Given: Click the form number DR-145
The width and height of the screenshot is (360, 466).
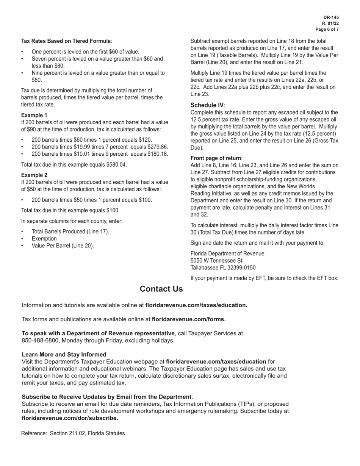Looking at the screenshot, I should coord(331,17).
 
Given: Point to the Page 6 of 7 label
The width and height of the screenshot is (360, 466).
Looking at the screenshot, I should coord(327,29).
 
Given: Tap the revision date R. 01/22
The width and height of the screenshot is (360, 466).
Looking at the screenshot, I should coord(330,23).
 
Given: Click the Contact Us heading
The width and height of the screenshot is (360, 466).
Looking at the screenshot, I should coord(161,289).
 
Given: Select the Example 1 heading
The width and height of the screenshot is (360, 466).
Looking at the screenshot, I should coord(34,115).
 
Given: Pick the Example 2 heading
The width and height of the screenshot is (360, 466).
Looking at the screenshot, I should coord(34,175).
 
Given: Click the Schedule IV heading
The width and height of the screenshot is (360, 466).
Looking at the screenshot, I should coord(207,105).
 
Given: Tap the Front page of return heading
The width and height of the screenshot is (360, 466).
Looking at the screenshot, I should coord(216,158).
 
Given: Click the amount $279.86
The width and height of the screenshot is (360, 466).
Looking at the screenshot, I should coord(157,147).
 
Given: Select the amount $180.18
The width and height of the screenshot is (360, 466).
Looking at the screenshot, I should coord(157,154).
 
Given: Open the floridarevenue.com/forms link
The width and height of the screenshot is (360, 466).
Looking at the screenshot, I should coord(188,319).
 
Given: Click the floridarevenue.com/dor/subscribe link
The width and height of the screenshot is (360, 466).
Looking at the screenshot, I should coord(70,418).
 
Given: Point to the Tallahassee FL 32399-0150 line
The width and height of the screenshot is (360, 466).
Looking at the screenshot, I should coord(223,268).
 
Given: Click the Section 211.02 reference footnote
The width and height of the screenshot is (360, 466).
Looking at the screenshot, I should coord(73,433).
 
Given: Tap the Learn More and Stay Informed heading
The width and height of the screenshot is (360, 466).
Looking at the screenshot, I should coord(64,355).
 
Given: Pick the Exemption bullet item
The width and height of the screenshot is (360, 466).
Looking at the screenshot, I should coord(44,239).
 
